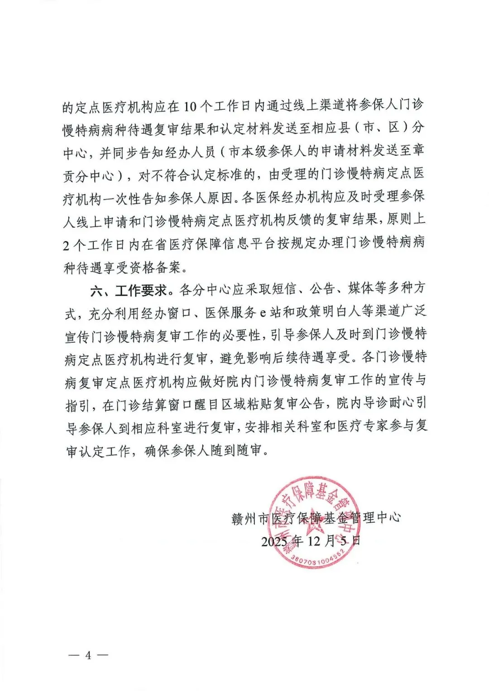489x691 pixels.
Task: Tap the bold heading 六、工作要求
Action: click(129, 290)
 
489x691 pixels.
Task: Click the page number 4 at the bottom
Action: click(88, 655)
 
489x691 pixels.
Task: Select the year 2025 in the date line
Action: click(274, 541)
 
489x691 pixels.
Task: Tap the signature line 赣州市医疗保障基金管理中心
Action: click(316, 518)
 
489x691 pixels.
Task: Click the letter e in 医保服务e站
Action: click(263, 313)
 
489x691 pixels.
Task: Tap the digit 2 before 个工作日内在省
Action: click(67, 245)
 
